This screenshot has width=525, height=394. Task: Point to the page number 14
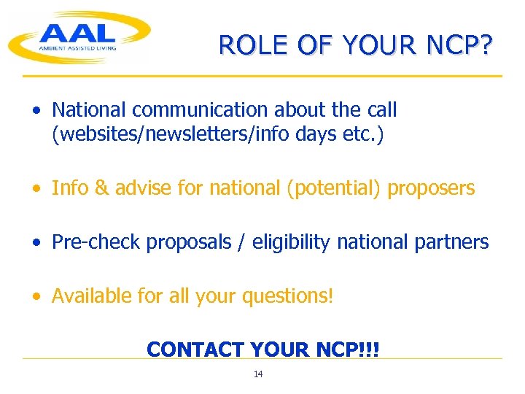pyautogui.click(x=258, y=374)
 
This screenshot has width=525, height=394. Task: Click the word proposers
pyautogui.click(x=431, y=188)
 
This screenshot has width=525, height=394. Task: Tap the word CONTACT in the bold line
pyautogui.click(x=195, y=349)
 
